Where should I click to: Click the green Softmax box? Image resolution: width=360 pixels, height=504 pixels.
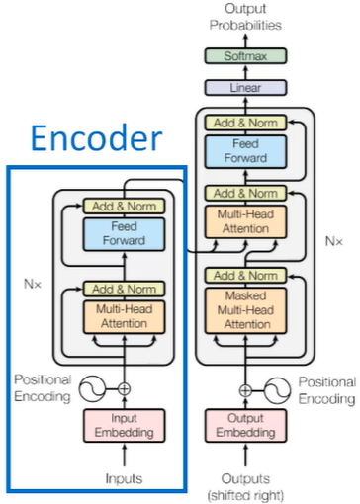click(245, 56)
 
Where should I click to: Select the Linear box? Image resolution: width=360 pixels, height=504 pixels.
click(245, 88)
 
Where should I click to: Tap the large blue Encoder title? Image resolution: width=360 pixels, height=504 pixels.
click(97, 137)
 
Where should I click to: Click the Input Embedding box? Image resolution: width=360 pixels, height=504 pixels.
click(124, 425)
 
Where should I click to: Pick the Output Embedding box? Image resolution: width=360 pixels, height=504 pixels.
click(245, 425)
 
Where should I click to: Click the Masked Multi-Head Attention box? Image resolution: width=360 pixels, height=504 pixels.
click(245, 310)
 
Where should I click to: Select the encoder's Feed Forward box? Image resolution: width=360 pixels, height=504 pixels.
click(124, 234)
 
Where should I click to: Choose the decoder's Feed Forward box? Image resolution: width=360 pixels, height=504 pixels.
click(245, 151)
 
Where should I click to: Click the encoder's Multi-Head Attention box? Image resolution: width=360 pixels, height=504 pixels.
click(124, 316)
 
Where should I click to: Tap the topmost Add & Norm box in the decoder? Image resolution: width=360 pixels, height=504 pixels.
click(245, 123)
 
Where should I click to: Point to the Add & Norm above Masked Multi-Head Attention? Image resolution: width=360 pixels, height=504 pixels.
click(245, 276)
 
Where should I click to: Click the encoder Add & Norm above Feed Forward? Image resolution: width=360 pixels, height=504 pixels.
click(124, 207)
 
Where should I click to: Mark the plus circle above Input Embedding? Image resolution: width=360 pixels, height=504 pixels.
click(124, 389)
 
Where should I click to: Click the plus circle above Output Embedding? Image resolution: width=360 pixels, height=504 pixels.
click(245, 390)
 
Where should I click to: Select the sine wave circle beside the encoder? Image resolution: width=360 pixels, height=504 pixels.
click(92, 389)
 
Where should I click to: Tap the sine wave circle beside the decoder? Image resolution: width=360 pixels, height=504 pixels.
click(277, 390)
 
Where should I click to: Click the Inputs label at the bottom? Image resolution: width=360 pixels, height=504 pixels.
click(124, 478)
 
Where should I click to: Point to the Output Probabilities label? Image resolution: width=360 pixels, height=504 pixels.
click(245, 17)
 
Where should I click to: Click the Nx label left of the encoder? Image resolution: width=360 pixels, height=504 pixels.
click(33, 284)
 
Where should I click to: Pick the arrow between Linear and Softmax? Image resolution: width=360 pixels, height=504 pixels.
click(245, 72)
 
